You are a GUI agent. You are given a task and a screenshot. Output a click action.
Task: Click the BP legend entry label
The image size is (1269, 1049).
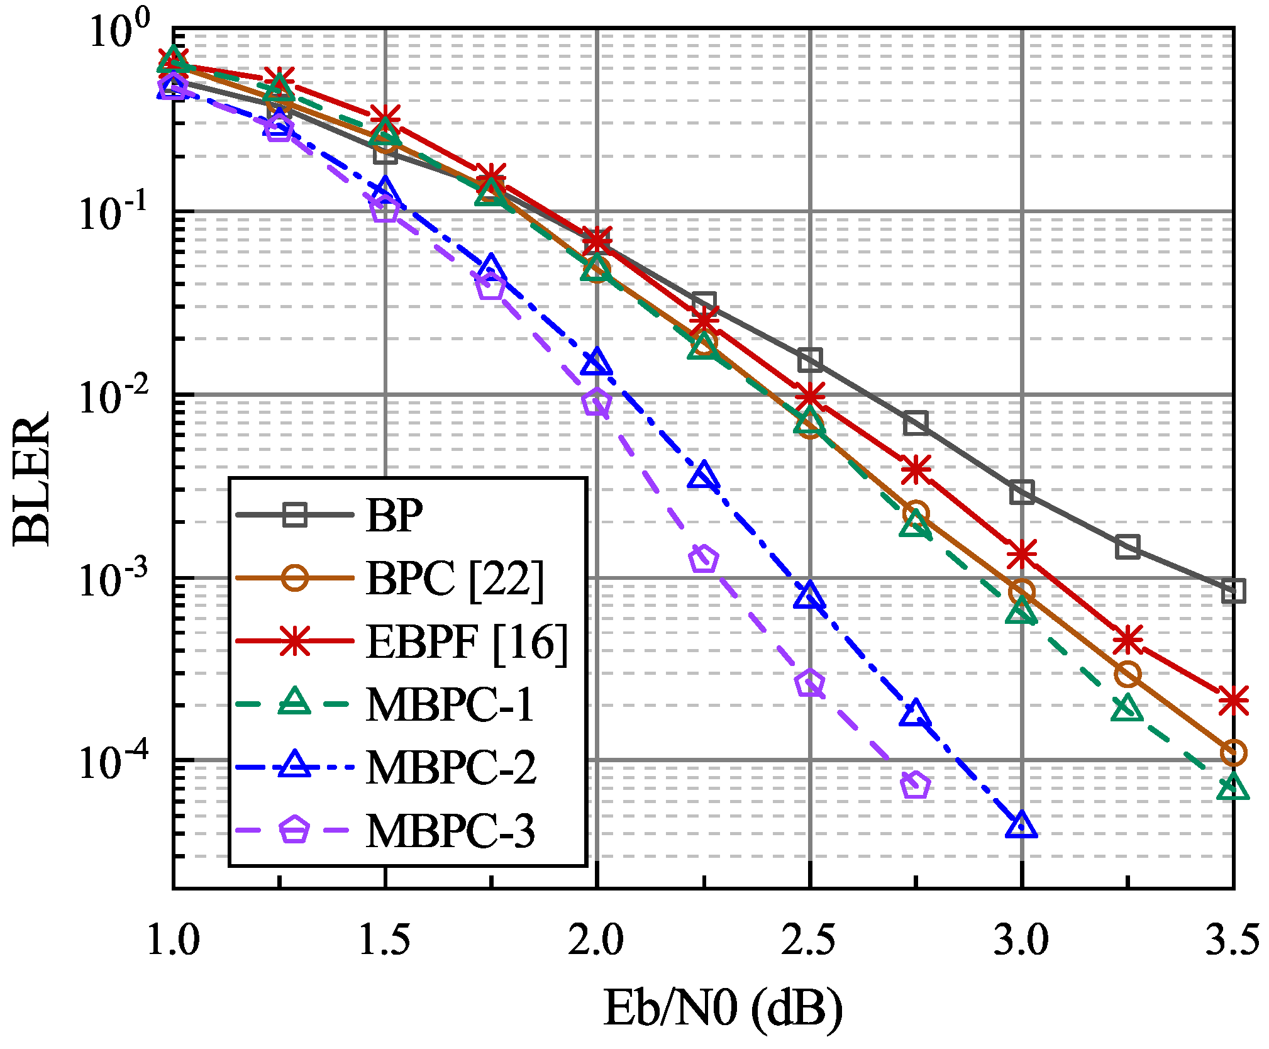coord(394,516)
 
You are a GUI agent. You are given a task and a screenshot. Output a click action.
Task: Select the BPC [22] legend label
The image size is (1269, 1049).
coord(454,579)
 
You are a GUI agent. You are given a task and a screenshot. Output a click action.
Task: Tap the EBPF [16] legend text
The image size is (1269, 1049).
coord(467,642)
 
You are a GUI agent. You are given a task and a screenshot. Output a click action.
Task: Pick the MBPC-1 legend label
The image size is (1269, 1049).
coord(450,705)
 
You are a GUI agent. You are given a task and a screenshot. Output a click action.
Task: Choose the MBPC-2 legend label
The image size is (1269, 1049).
coord(451,768)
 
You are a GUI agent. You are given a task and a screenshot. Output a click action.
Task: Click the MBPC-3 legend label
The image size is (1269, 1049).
coord(450,831)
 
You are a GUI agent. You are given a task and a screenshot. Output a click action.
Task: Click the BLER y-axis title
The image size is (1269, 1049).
coord(31,479)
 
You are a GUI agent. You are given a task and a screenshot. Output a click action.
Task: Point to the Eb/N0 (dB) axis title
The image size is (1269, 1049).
coord(723,1007)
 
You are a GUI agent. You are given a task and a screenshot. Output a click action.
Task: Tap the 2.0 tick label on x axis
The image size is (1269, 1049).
coord(596,941)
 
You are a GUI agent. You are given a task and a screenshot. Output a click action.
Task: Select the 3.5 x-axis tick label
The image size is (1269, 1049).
coord(1232,941)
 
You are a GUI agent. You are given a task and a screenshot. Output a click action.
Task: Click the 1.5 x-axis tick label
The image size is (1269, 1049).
coord(384,941)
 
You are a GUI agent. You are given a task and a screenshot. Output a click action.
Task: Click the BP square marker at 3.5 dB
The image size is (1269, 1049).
coord(1233,591)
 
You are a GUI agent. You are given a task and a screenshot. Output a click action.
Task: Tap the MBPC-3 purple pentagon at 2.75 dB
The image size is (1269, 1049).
coord(915,785)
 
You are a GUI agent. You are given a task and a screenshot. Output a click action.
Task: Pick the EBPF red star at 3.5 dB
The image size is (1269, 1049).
coord(1233,701)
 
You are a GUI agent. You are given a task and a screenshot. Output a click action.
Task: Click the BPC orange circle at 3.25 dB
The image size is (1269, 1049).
coord(1128,675)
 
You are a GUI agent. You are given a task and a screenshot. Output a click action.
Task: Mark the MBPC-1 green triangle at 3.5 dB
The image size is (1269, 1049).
coord(1233,788)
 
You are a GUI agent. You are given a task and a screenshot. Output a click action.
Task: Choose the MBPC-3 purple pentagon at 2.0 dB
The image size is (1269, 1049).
coord(596,402)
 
